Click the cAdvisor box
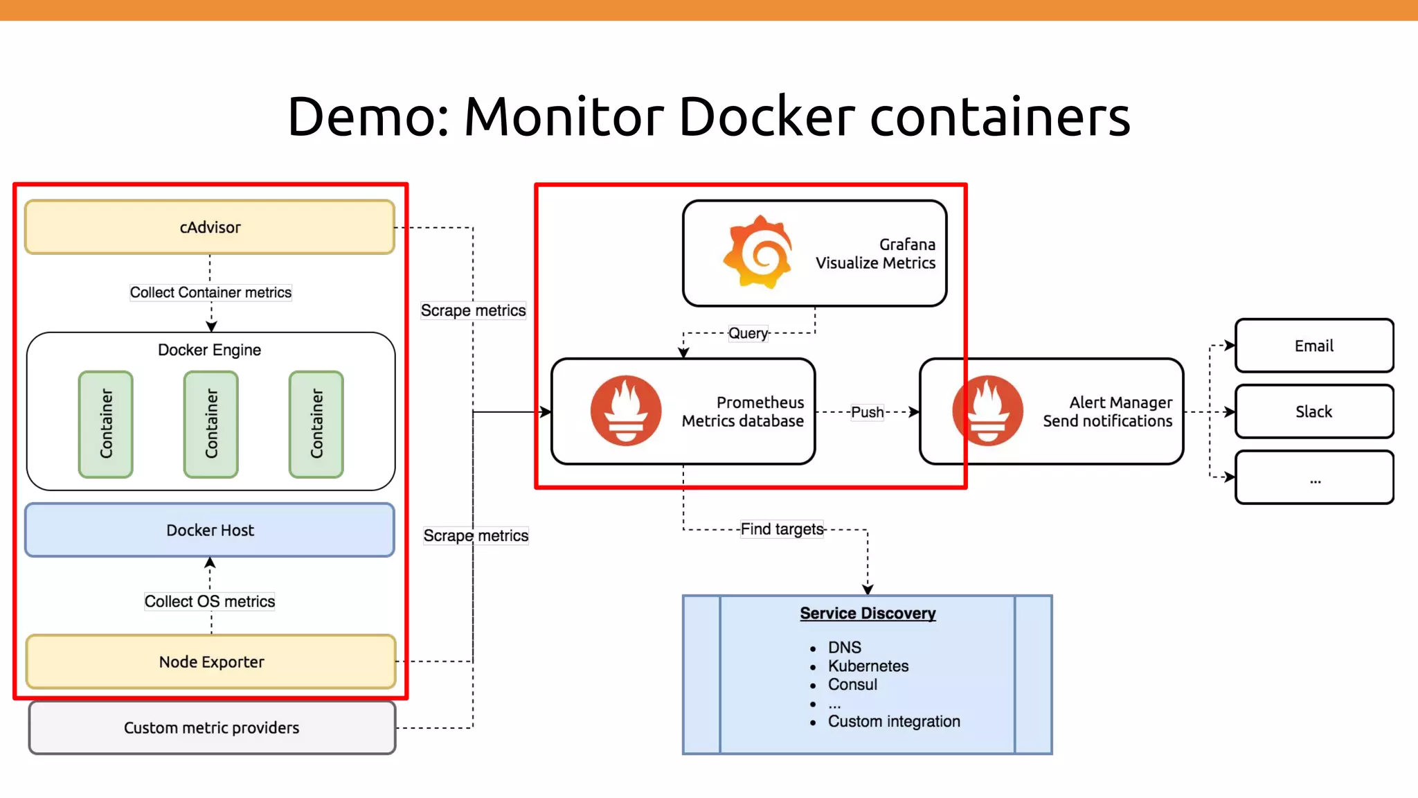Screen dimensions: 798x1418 210,227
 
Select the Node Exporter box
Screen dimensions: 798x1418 211,662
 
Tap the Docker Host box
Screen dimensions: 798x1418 210,530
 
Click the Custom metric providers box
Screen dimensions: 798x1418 212,727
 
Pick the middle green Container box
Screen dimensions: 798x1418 211,424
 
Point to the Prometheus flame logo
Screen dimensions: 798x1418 626,411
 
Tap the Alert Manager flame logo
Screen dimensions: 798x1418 988,411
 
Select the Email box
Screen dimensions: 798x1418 1313,346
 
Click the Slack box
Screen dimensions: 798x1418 1313,411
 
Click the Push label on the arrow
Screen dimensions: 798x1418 867,412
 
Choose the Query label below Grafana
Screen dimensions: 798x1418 748,333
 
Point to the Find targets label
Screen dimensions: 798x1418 782,529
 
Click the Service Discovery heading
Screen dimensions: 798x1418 868,613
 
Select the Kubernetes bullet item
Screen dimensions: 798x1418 868,666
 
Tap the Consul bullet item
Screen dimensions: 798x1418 852,684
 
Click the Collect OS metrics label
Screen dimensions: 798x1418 210,601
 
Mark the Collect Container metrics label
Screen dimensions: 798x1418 210,292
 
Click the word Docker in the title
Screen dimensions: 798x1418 766,116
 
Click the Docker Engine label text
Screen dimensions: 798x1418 209,350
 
